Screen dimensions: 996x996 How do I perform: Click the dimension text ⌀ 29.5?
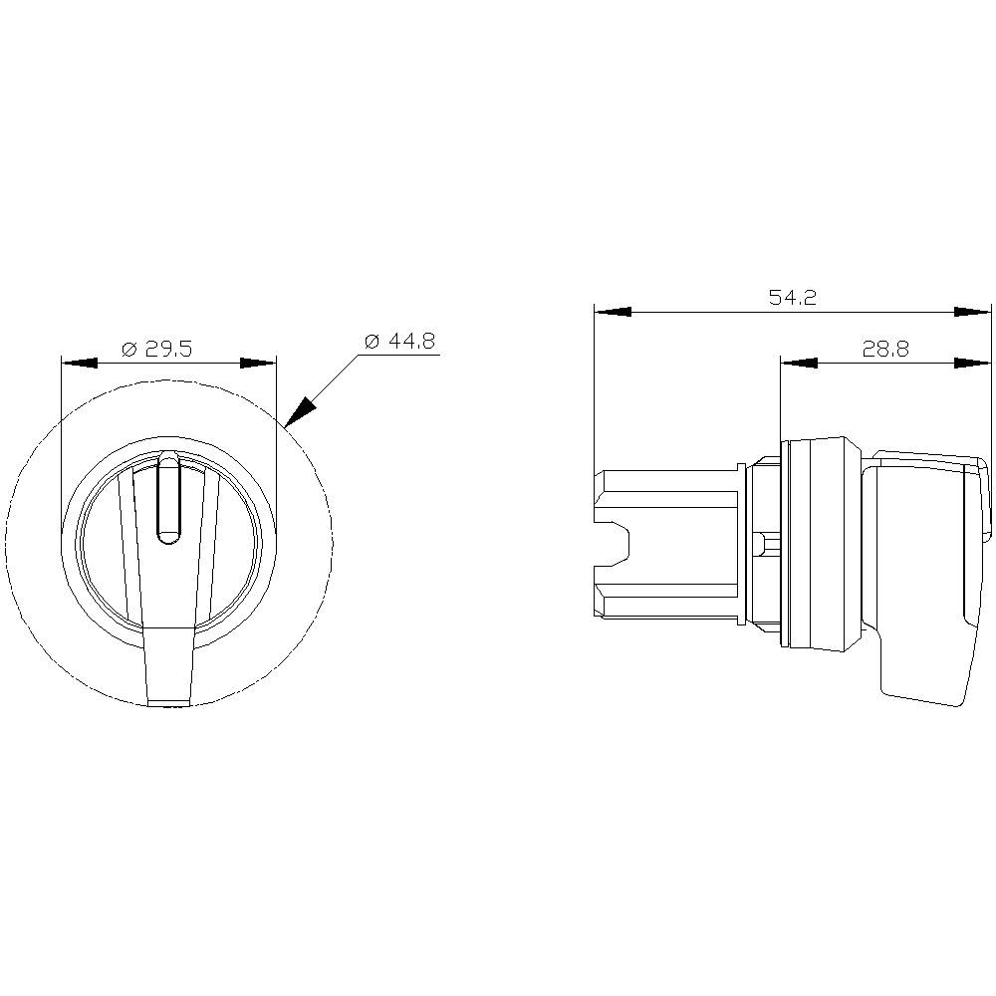(156, 349)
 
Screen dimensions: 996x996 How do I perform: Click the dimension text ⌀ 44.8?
(399, 341)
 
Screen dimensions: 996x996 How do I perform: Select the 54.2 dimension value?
(792, 298)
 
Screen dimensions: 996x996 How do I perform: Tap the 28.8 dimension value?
(884, 349)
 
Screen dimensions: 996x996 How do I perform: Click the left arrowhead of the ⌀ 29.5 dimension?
(80, 364)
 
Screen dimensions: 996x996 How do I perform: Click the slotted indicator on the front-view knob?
(169, 498)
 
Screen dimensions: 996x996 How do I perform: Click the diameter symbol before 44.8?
(372, 341)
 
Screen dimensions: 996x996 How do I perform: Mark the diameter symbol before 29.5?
(128, 349)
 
